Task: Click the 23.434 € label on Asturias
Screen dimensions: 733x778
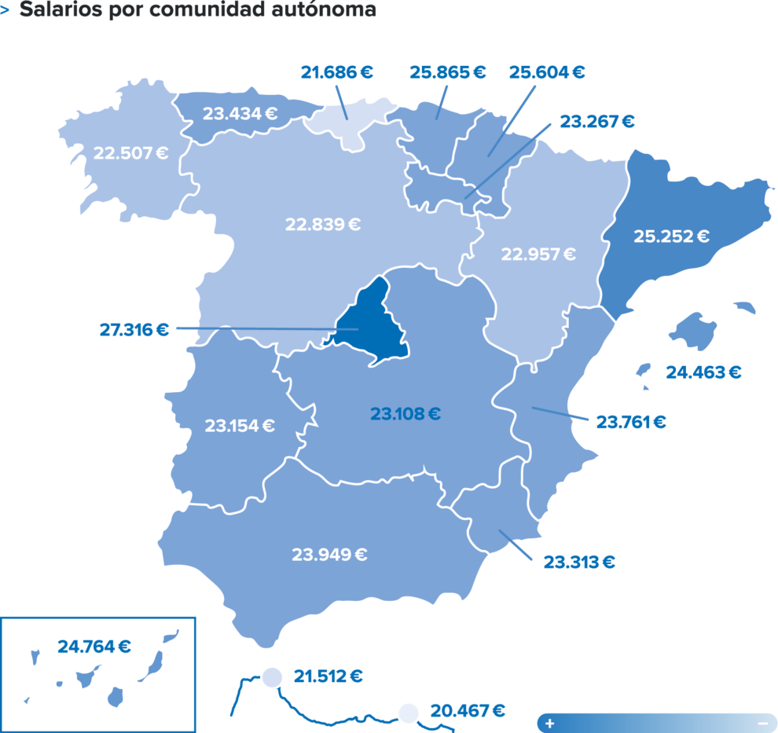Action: pyautogui.click(x=240, y=113)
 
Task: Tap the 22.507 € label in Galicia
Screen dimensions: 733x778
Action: pyautogui.click(x=130, y=152)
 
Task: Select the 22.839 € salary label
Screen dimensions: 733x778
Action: pyautogui.click(x=322, y=224)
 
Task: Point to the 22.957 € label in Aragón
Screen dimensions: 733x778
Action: pyautogui.click(x=538, y=255)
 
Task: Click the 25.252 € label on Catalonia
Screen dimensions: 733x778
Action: pyautogui.click(x=671, y=236)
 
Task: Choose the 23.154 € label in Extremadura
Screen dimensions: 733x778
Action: pyautogui.click(x=240, y=426)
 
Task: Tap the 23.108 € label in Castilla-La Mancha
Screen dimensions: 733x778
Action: pyautogui.click(x=406, y=413)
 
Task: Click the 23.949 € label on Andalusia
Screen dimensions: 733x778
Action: pyautogui.click(x=330, y=554)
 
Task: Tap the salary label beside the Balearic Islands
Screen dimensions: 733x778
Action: pyautogui.click(x=703, y=372)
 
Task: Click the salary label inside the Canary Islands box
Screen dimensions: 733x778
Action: pyautogui.click(x=94, y=647)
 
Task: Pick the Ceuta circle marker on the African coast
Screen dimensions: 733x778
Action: pyautogui.click(x=272, y=676)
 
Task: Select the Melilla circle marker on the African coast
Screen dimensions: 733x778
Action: pyautogui.click(x=408, y=713)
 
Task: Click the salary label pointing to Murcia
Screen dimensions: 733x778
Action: pyautogui.click(x=579, y=562)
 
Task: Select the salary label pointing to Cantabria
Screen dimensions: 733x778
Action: pyautogui.click(x=337, y=73)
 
